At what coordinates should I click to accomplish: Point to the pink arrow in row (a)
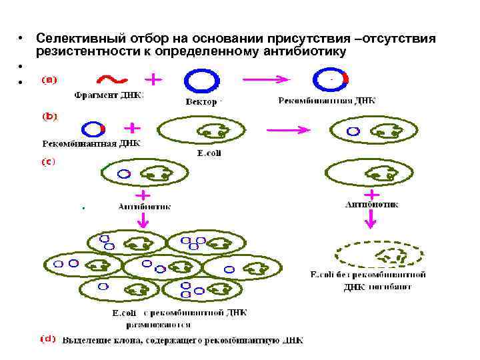click(x=267, y=79)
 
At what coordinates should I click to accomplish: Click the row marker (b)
click(x=50, y=116)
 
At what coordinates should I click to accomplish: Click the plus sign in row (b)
click(x=133, y=127)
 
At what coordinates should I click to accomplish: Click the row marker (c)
click(x=49, y=161)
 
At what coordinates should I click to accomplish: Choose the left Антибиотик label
click(x=144, y=207)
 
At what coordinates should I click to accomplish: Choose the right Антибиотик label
click(x=372, y=205)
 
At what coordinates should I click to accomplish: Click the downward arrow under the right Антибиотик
click(x=371, y=223)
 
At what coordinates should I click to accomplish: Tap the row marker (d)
click(x=48, y=339)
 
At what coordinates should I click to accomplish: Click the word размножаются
click(x=159, y=325)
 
